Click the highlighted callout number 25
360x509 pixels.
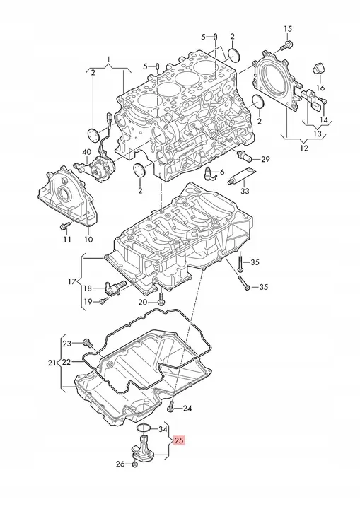pos(179,440)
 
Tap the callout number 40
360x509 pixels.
pos(87,151)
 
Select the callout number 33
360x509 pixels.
pos(245,191)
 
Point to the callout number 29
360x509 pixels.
pos(265,159)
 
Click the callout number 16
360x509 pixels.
pos(320,88)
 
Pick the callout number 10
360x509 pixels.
pos(88,239)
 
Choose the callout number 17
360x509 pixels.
pos(72,281)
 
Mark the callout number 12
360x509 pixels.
pos(304,148)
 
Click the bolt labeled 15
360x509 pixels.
pos(286,46)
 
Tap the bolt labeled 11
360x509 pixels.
pos(65,225)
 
